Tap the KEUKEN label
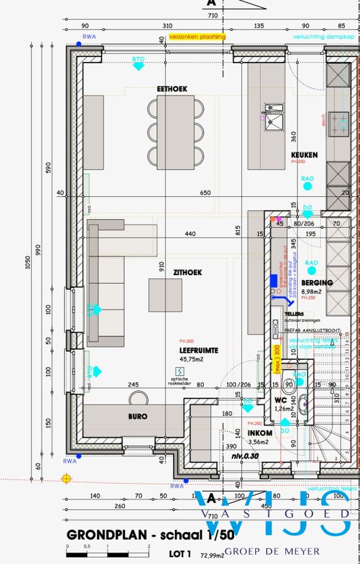point(304,155)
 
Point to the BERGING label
point(317,283)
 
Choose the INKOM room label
point(260,432)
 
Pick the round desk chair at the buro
point(137,398)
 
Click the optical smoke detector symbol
point(180,371)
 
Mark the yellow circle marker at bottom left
point(66,478)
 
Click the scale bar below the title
point(107,554)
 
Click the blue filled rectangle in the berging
point(273,280)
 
